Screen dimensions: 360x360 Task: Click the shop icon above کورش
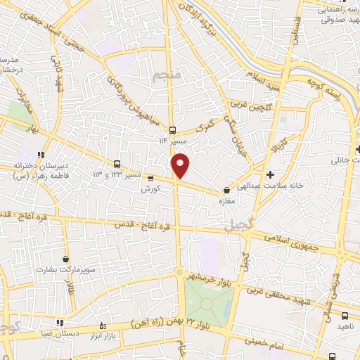pos(150,178)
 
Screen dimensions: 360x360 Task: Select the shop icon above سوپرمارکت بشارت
pos(66,259)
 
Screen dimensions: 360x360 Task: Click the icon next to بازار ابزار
pos(104,325)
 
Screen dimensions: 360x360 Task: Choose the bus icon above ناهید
pos(345,316)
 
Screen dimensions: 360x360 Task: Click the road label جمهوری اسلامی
pos(291,241)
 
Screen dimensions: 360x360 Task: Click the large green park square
pos(205,301)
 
